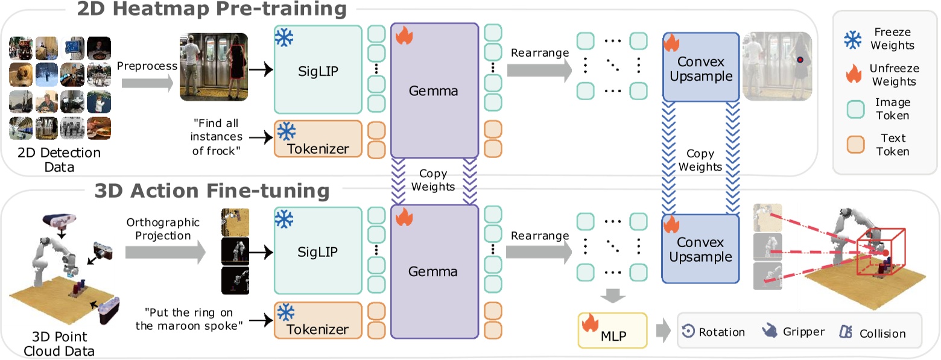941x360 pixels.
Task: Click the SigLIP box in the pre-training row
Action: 317,69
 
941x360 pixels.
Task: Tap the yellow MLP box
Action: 612,331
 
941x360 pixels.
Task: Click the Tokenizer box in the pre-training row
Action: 317,140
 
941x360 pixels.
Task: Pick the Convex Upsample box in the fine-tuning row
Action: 700,248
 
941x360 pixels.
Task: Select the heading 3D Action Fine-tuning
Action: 212,191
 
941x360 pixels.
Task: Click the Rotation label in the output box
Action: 721,332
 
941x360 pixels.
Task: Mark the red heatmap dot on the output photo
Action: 800,60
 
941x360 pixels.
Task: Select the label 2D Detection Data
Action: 55,159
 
